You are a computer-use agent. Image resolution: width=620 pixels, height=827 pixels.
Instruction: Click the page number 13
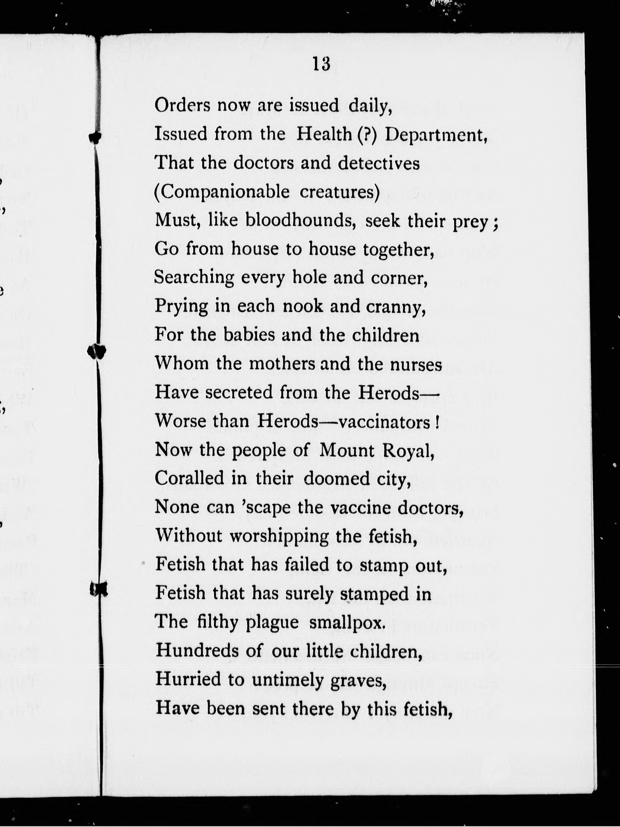pos(321,64)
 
